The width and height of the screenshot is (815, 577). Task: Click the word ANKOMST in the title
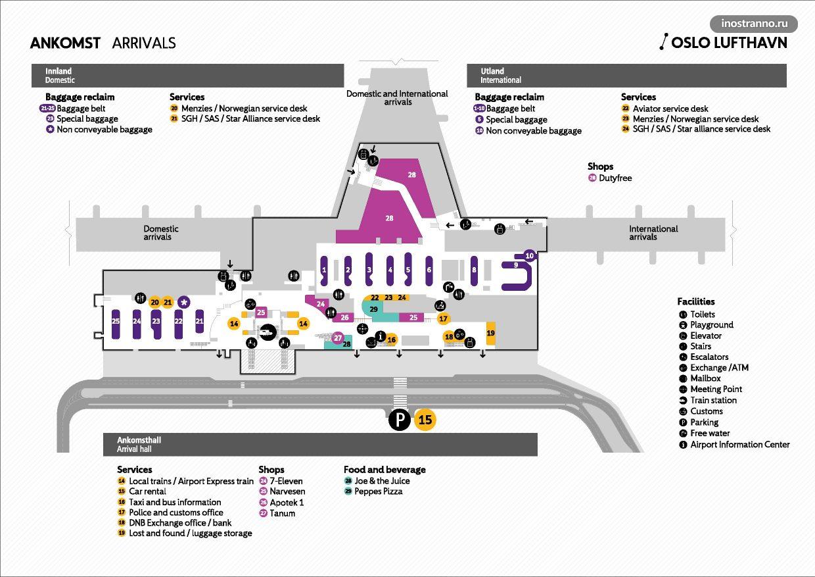tap(65, 43)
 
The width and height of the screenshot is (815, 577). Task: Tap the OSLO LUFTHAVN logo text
tap(728, 43)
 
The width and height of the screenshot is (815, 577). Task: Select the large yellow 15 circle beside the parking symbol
tap(425, 419)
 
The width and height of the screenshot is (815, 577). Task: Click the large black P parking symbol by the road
tap(399, 419)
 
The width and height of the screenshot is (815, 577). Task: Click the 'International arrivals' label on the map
tap(653, 233)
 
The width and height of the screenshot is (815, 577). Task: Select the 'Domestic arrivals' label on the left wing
tap(161, 233)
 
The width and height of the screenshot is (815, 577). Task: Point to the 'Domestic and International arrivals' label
tap(397, 98)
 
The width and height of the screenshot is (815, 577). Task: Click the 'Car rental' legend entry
tap(147, 491)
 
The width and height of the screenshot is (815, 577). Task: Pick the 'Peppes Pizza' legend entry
tap(378, 491)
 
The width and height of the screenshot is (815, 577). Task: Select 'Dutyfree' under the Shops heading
tap(615, 178)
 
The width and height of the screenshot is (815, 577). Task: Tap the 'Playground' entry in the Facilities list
tap(711, 325)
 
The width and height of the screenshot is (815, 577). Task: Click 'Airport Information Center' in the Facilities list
tap(739, 445)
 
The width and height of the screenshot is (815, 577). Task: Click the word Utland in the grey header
tap(492, 71)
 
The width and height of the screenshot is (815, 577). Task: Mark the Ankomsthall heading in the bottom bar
tap(139, 440)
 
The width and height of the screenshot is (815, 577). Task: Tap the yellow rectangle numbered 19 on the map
tap(490, 334)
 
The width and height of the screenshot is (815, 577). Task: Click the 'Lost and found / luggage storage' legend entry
tap(190, 534)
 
